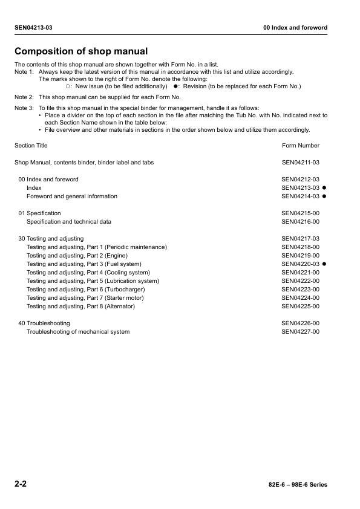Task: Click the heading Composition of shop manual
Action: click(x=81, y=51)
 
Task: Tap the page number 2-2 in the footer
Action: click(x=21, y=485)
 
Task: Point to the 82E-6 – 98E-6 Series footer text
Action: click(x=297, y=485)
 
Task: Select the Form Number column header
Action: click(x=301, y=146)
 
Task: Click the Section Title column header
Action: click(x=31, y=146)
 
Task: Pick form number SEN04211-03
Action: click(x=301, y=163)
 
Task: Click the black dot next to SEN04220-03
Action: click(x=325, y=264)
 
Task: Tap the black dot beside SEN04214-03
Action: click(x=325, y=196)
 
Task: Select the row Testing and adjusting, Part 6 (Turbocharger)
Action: click(x=85, y=290)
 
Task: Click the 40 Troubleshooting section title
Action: click(x=44, y=323)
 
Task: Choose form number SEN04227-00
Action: click(x=301, y=332)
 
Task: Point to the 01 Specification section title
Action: click(x=40, y=213)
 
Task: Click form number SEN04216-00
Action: click(x=301, y=222)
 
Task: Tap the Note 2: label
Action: click(x=24, y=97)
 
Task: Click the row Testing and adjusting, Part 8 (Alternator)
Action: click(x=80, y=306)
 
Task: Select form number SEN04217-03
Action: click(x=301, y=239)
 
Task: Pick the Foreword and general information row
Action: click(x=72, y=196)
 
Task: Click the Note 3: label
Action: click(x=24, y=108)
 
